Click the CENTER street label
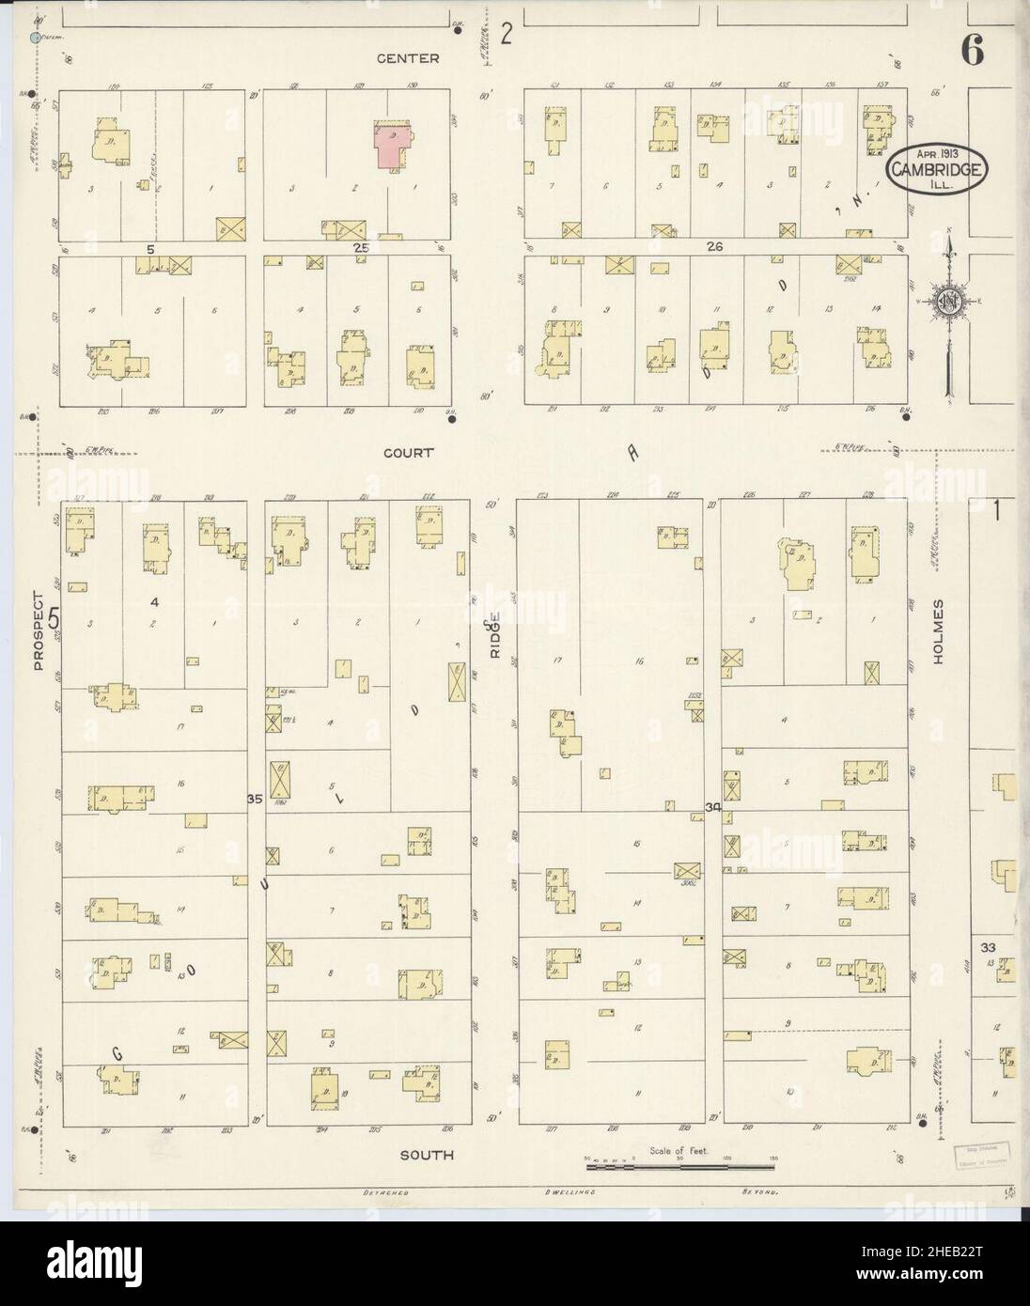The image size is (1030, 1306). click(x=408, y=58)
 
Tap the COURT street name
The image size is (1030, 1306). click(x=408, y=452)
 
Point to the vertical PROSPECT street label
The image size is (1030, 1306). click(x=39, y=630)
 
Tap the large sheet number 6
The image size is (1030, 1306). click(x=972, y=53)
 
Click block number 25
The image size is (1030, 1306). click(x=361, y=248)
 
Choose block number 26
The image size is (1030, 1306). click(x=714, y=247)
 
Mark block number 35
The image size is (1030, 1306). click(x=253, y=799)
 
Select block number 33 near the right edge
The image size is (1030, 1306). click(x=987, y=946)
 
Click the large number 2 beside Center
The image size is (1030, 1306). click(x=507, y=36)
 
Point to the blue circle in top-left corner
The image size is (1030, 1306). click(x=36, y=38)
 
